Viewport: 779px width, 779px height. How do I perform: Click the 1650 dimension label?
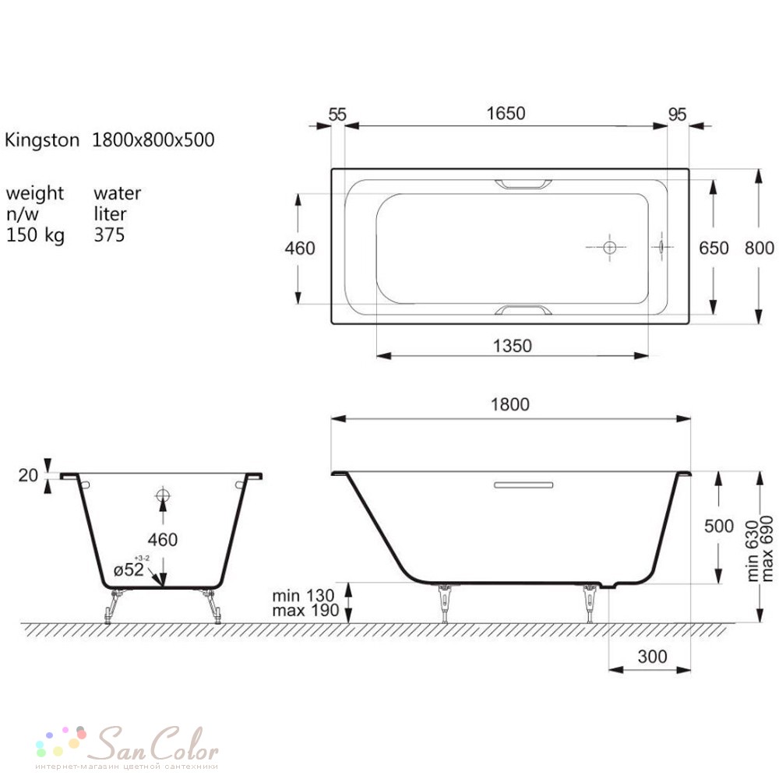pyautogui.click(x=506, y=113)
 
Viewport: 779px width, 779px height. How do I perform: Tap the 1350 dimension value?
pyautogui.click(x=513, y=346)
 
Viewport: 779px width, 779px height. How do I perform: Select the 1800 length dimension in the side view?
pyautogui.click(x=509, y=404)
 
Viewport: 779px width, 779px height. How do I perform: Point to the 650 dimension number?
pyautogui.click(x=714, y=248)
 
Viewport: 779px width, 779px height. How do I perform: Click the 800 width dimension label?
pyautogui.click(x=759, y=248)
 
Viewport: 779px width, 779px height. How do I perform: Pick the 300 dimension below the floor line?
pyautogui.click(x=652, y=657)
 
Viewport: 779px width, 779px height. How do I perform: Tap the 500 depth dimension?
pyautogui.click(x=719, y=526)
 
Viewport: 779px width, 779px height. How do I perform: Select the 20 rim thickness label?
pyautogui.click(x=28, y=475)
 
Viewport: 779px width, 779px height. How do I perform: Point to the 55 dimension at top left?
pyautogui.click(x=337, y=115)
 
